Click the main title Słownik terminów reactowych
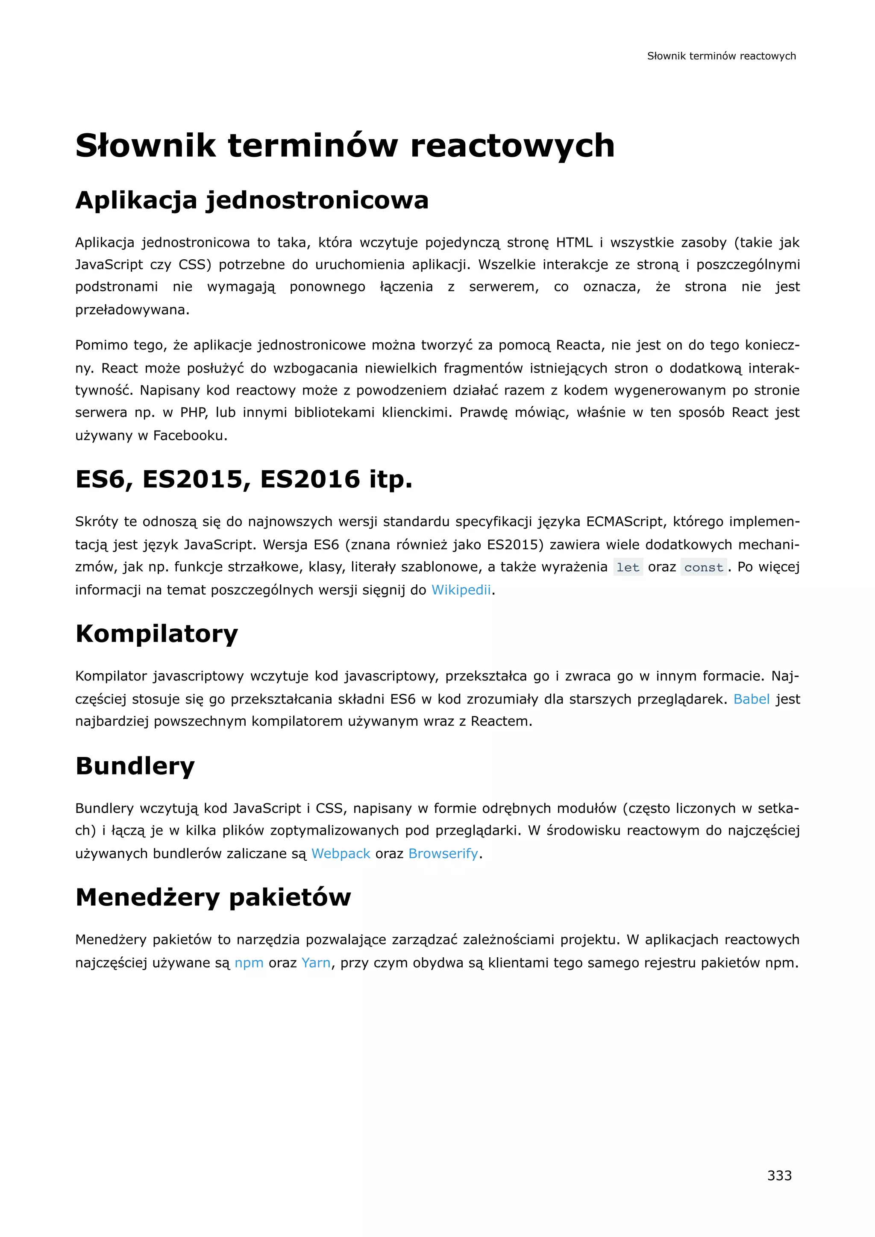[x=345, y=146]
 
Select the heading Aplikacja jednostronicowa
[x=252, y=200]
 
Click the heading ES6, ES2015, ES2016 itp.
[x=244, y=479]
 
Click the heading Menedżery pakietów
[x=213, y=897]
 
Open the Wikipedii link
[x=461, y=590]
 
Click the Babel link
[x=751, y=699]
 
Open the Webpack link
[x=341, y=853]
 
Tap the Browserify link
[x=443, y=853]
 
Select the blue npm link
[x=249, y=963]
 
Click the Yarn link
[x=316, y=963]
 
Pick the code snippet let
[x=628, y=567]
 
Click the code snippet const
[x=703, y=567]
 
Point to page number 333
[x=779, y=1175]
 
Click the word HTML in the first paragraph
[x=574, y=243]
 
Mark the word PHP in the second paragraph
[x=194, y=413]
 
